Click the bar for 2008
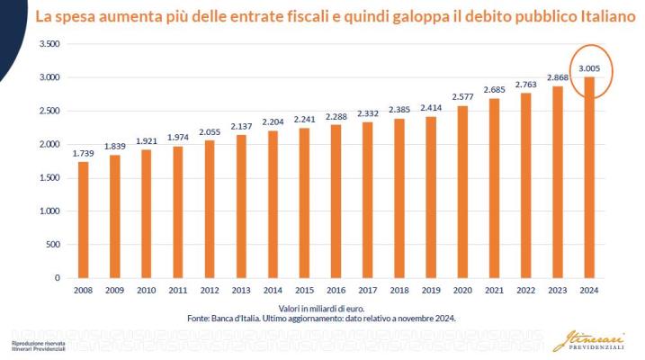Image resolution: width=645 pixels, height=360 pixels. click(84, 220)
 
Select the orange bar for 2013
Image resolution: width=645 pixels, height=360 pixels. click(241, 206)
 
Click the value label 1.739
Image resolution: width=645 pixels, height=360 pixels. click(84, 154)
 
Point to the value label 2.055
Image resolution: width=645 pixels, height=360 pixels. click(210, 132)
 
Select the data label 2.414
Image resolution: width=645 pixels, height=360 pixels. click(430, 109)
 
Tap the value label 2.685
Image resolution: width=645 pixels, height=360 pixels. click(493, 90)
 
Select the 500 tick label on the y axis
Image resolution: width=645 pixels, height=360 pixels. click(52, 244)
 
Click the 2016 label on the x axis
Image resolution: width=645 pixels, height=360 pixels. click(336, 291)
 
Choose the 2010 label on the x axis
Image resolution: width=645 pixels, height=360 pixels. click(147, 291)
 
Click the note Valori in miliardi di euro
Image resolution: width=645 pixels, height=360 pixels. click(335, 308)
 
